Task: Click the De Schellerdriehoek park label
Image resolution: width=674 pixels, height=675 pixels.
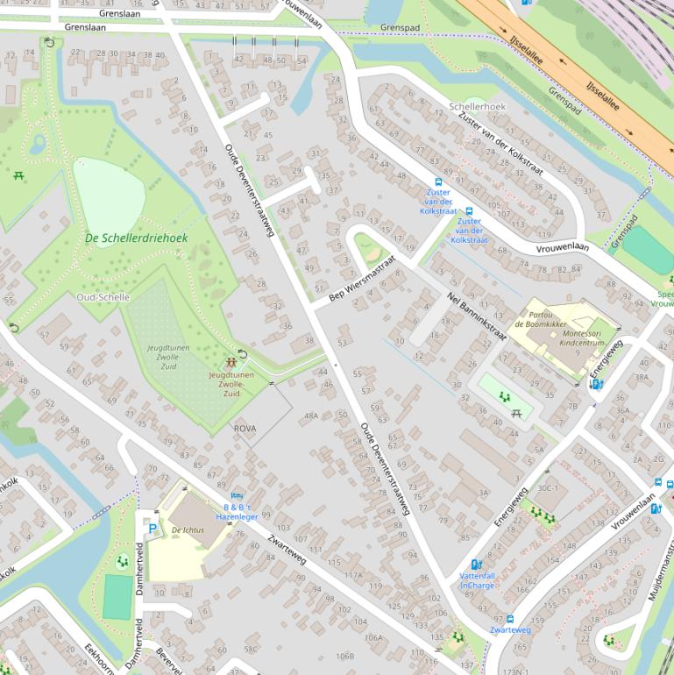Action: pos(136,238)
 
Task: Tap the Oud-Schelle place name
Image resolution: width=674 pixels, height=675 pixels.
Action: pos(103,297)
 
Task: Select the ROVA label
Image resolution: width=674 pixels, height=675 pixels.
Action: pos(245,427)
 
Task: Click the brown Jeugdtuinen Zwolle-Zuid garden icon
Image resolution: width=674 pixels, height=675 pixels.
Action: pos(231,361)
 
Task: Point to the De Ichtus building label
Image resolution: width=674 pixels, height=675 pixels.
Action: pos(188,530)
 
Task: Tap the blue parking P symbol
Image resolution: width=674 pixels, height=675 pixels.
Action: pos(153,529)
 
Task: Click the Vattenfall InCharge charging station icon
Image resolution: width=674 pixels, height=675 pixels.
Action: pos(477,565)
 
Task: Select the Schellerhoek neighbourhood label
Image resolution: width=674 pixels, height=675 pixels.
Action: pos(478,106)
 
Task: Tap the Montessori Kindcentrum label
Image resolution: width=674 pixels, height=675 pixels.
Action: pos(564,338)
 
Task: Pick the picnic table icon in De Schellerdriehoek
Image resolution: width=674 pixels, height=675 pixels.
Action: pos(18,175)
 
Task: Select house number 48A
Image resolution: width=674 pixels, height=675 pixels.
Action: pos(311,416)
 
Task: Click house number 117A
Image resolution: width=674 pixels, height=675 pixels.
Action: pos(353,575)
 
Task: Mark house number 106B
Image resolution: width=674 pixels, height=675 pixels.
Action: pos(344,656)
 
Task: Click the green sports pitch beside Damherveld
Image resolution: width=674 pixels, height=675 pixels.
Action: pos(117,597)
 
